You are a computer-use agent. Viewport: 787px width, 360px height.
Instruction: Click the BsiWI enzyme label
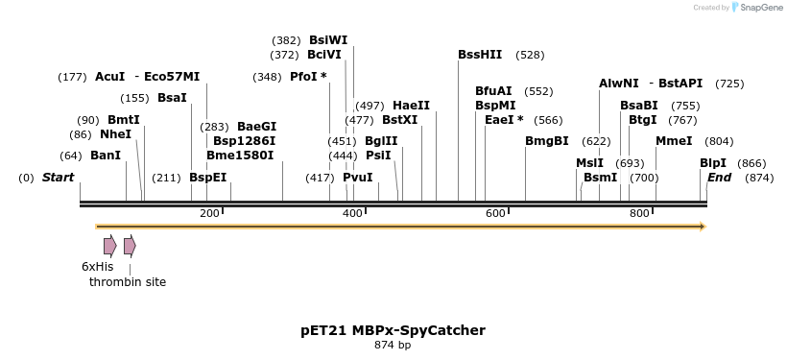(x=328, y=40)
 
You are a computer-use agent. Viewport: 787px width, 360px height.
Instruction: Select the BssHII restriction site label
(x=480, y=55)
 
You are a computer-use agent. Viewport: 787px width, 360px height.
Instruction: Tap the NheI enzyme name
(x=115, y=134)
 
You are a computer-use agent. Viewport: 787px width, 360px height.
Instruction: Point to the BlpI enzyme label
(x=713, y=163)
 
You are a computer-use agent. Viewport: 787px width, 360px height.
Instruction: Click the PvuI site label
(x=358, y=178)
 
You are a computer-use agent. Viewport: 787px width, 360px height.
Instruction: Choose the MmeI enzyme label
(x=674, y=141)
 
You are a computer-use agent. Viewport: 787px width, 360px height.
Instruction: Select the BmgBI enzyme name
(x=547, y=141)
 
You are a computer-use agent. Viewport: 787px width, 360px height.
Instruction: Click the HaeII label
(x=411, y=106)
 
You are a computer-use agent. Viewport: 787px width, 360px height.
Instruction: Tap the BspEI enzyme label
(x=207, y=178)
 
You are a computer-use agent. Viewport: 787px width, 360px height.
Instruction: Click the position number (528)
(x=530, y=55)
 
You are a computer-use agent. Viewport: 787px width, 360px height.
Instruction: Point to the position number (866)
(x=752, y=163)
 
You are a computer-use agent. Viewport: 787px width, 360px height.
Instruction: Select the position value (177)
(x=73, y=77)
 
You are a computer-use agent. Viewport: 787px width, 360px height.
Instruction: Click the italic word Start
(x=58, y=178)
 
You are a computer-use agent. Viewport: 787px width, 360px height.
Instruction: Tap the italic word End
(x=719, y=178)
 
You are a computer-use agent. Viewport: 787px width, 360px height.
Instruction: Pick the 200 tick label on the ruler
(x=209, y=213)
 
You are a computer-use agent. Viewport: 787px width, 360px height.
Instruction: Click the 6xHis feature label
(x=97, y=266)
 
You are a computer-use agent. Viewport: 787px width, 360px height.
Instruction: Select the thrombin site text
(x=128, y=282)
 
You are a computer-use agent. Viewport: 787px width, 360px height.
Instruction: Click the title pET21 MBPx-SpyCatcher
(x=393, y=330)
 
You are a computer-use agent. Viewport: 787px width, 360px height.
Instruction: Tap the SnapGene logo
(x=753, y=8)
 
